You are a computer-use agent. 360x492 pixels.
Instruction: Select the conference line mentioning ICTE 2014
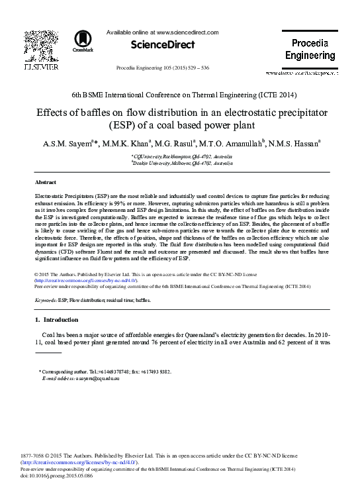[x=180, y=95]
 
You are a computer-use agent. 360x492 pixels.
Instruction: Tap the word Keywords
[x=45, y=300]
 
